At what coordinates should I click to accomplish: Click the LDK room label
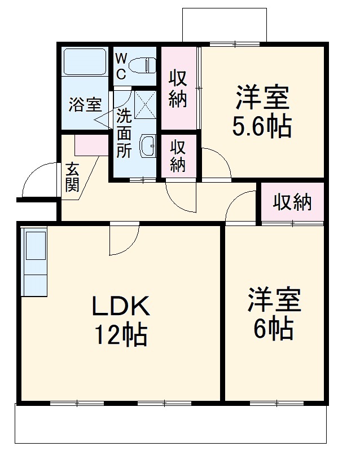coord(121,306)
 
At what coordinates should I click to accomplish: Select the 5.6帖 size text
coord(262,127)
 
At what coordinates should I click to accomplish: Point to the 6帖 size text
coord(274,329)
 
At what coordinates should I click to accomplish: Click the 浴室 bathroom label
coord(85,105)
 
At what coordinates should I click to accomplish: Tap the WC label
coord(121,66)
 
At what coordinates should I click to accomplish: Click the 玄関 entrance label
coord(72,177)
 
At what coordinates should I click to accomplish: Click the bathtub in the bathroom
coord(85,62)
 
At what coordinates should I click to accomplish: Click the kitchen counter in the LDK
coord(35,263)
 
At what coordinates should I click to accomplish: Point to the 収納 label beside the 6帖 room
coord(292,202)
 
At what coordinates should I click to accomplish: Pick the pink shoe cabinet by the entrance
coord(91,145)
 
